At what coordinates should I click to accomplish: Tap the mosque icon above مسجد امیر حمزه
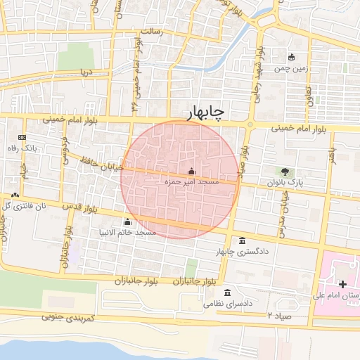click(x=191, y=171)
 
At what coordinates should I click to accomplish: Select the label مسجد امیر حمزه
click(x=191, y=181)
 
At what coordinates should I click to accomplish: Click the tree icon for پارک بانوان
click(x=285, y=171)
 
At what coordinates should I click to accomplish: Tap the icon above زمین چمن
click(x=292, y=57)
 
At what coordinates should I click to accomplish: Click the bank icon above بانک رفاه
click(x=22, y=137)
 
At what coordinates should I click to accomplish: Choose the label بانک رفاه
click(x=22, y=148)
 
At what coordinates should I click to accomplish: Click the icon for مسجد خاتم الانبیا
click(x=127, y=222)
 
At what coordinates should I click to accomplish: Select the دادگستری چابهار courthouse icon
click(x=243, y=240)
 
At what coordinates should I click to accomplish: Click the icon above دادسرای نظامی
click(x=226, y=293)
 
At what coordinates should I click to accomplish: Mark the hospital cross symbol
click(x=342, y=285)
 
